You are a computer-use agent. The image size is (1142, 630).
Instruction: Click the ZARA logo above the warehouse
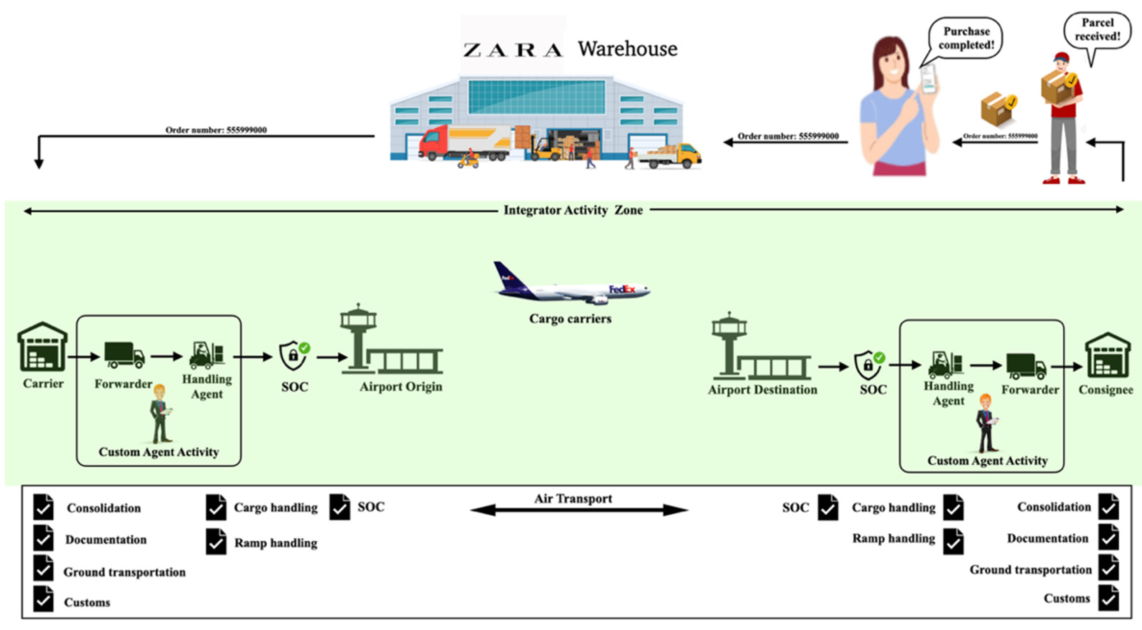pos(513,50)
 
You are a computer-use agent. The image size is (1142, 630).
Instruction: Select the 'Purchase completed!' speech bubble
pos(966,38)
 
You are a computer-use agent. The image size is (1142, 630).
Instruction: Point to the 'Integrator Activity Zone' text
pos(573,210)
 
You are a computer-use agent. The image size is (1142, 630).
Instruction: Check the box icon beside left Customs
pos(43,599)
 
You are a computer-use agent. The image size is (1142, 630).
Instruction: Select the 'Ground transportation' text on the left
pos(125,572)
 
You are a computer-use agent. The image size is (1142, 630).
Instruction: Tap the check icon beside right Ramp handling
pos(953,542)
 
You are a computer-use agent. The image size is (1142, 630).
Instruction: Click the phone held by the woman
pos(928,79)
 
